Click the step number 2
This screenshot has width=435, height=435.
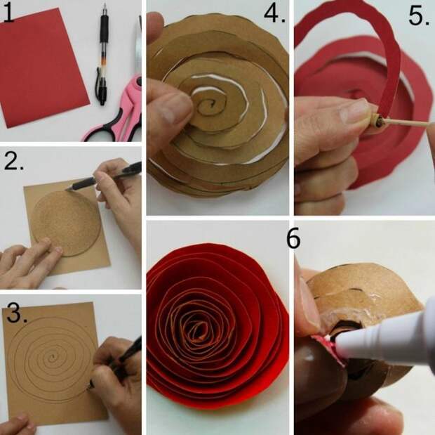tap(13, 162)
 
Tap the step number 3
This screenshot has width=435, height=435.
tap(17, 313)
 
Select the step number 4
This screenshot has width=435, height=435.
tap(274, 14)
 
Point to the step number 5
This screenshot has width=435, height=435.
tap(419, 17)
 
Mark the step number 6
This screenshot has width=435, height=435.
tap(293, 238)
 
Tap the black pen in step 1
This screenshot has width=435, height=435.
tap(102, 54)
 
